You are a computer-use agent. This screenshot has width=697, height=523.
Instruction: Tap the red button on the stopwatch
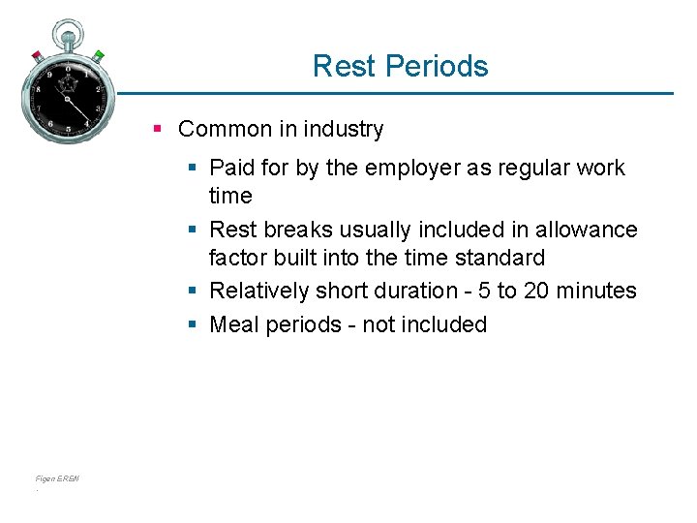[x=38, y=54]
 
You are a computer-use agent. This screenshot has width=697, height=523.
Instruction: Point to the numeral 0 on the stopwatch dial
[x=68, y=69]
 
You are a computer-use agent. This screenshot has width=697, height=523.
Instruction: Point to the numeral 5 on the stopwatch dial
[x=69, y=130]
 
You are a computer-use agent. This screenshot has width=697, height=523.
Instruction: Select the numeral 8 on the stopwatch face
[x=39, y=89]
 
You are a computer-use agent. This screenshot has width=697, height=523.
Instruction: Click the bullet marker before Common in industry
[x=158, y=129]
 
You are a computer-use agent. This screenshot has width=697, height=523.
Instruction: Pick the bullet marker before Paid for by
[x=193, y=168]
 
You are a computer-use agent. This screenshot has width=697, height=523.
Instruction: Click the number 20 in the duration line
[x=537, y=291]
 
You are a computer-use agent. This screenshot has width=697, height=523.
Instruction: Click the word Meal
[x=233, y=324]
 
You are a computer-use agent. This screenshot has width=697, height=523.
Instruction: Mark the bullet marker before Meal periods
[x=193, y=324]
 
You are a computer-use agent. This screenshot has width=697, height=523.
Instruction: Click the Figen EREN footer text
[x=57, y=478]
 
